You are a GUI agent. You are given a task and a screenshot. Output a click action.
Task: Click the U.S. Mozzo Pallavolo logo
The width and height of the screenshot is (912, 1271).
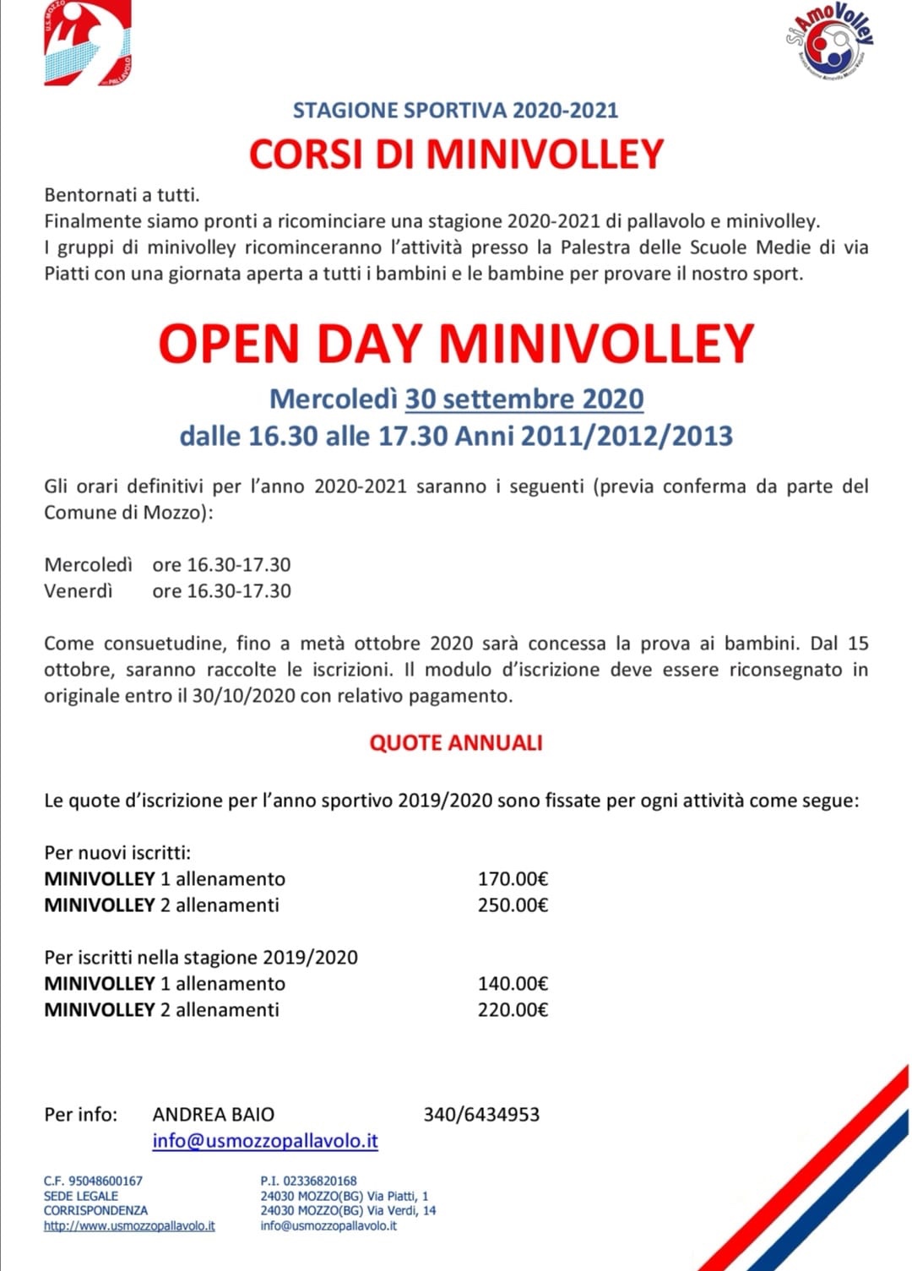click(87, 42)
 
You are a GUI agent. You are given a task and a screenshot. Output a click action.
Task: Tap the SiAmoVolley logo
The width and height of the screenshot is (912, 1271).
click(829, 42)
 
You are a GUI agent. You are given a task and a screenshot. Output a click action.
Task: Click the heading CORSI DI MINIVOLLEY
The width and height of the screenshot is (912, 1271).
click(456, 154)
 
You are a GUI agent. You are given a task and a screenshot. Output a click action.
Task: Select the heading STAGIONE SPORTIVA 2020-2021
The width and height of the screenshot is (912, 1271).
click(456, 110)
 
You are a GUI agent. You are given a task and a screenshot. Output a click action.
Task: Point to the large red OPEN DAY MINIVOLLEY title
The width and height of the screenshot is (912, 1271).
click(456, 344)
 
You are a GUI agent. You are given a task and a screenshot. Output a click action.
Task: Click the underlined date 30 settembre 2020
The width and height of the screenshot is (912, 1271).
click(524, 399)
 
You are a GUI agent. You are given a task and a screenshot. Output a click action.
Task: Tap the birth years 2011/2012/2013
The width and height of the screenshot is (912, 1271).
click(627, 436)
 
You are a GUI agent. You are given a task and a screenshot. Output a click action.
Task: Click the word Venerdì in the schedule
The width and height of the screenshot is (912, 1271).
click(78, 590)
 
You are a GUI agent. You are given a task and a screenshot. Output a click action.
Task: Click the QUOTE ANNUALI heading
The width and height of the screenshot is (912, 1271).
click(456, 742)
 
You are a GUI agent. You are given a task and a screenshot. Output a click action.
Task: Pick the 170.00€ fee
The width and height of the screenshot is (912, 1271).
click(513, 878)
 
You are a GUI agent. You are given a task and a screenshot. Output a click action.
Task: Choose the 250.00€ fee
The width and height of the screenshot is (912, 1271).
click(513, 904)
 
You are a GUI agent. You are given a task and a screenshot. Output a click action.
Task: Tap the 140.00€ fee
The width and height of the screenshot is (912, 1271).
click(513, 983)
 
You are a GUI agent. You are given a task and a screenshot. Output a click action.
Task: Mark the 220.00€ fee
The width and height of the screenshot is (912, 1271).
click(513, 1009)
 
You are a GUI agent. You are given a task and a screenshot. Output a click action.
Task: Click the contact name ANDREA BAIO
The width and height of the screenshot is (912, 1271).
click(214, 1114)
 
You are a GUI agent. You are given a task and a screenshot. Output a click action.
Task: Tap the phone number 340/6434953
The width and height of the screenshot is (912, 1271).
click(481, 1114)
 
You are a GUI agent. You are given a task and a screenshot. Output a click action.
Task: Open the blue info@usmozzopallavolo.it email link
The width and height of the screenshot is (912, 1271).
click(265, 1140)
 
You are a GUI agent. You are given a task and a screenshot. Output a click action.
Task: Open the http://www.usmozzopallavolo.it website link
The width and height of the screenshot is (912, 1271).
click(129, 1225)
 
